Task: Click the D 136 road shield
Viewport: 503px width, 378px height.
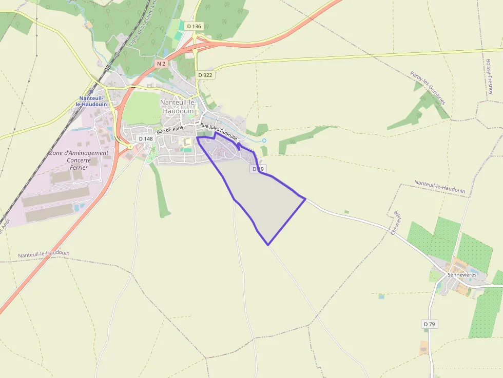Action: [x=195, y=26]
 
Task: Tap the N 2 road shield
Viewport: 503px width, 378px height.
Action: [x=161, y=63]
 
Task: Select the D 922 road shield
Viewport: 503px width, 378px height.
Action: [x=205, y=75]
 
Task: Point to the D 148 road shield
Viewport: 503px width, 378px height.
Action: [x=146, y=138]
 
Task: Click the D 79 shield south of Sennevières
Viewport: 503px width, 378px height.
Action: [x=430, y=324]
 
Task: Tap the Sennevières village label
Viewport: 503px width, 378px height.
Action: [x=462, y=274]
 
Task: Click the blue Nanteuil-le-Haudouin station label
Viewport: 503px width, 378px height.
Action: [x=93, y=101]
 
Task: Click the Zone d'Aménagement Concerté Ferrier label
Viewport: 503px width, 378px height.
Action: [x=79, y=160]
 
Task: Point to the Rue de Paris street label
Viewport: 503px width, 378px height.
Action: [x=170, y=130]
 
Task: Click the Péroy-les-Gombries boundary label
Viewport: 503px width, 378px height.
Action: [x=428, y=88]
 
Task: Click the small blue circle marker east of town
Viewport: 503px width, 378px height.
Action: [x=264, y=141]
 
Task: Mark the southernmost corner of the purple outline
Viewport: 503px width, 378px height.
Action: [x=268, y=245]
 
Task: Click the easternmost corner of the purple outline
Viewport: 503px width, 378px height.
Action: [x=305, y=198]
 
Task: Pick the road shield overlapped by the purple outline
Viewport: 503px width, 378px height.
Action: [x=258, y=169]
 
